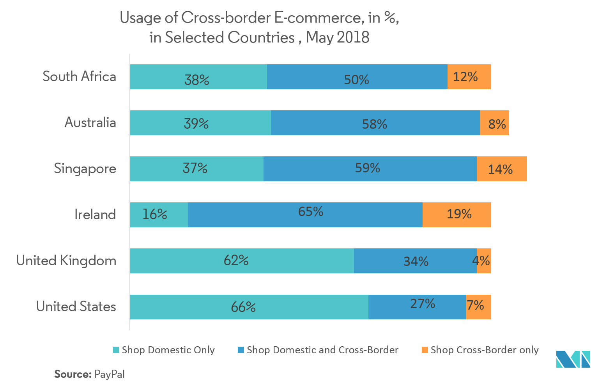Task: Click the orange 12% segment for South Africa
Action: [469, 77]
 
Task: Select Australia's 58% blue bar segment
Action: [375, 123]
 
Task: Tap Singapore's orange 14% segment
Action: [501, 169]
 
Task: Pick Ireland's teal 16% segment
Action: [159, 215]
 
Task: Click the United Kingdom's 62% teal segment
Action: [242, 261]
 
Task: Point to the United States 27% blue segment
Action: [417, 307]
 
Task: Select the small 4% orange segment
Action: [484, 261]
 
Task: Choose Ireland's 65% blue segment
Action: [305, 215]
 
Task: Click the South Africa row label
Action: [79, 76]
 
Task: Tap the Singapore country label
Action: [85, 168]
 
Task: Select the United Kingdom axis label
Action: [66, 260]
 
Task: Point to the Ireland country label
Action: [95, 214]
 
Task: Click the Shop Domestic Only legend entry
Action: [164, 350]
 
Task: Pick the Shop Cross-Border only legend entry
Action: [480, 350]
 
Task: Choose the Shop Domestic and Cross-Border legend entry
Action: [319, 350]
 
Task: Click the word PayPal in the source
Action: [110, 374]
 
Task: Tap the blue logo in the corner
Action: [573, 359]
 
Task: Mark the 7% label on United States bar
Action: [475, 305]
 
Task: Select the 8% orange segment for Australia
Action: [494, 123]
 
